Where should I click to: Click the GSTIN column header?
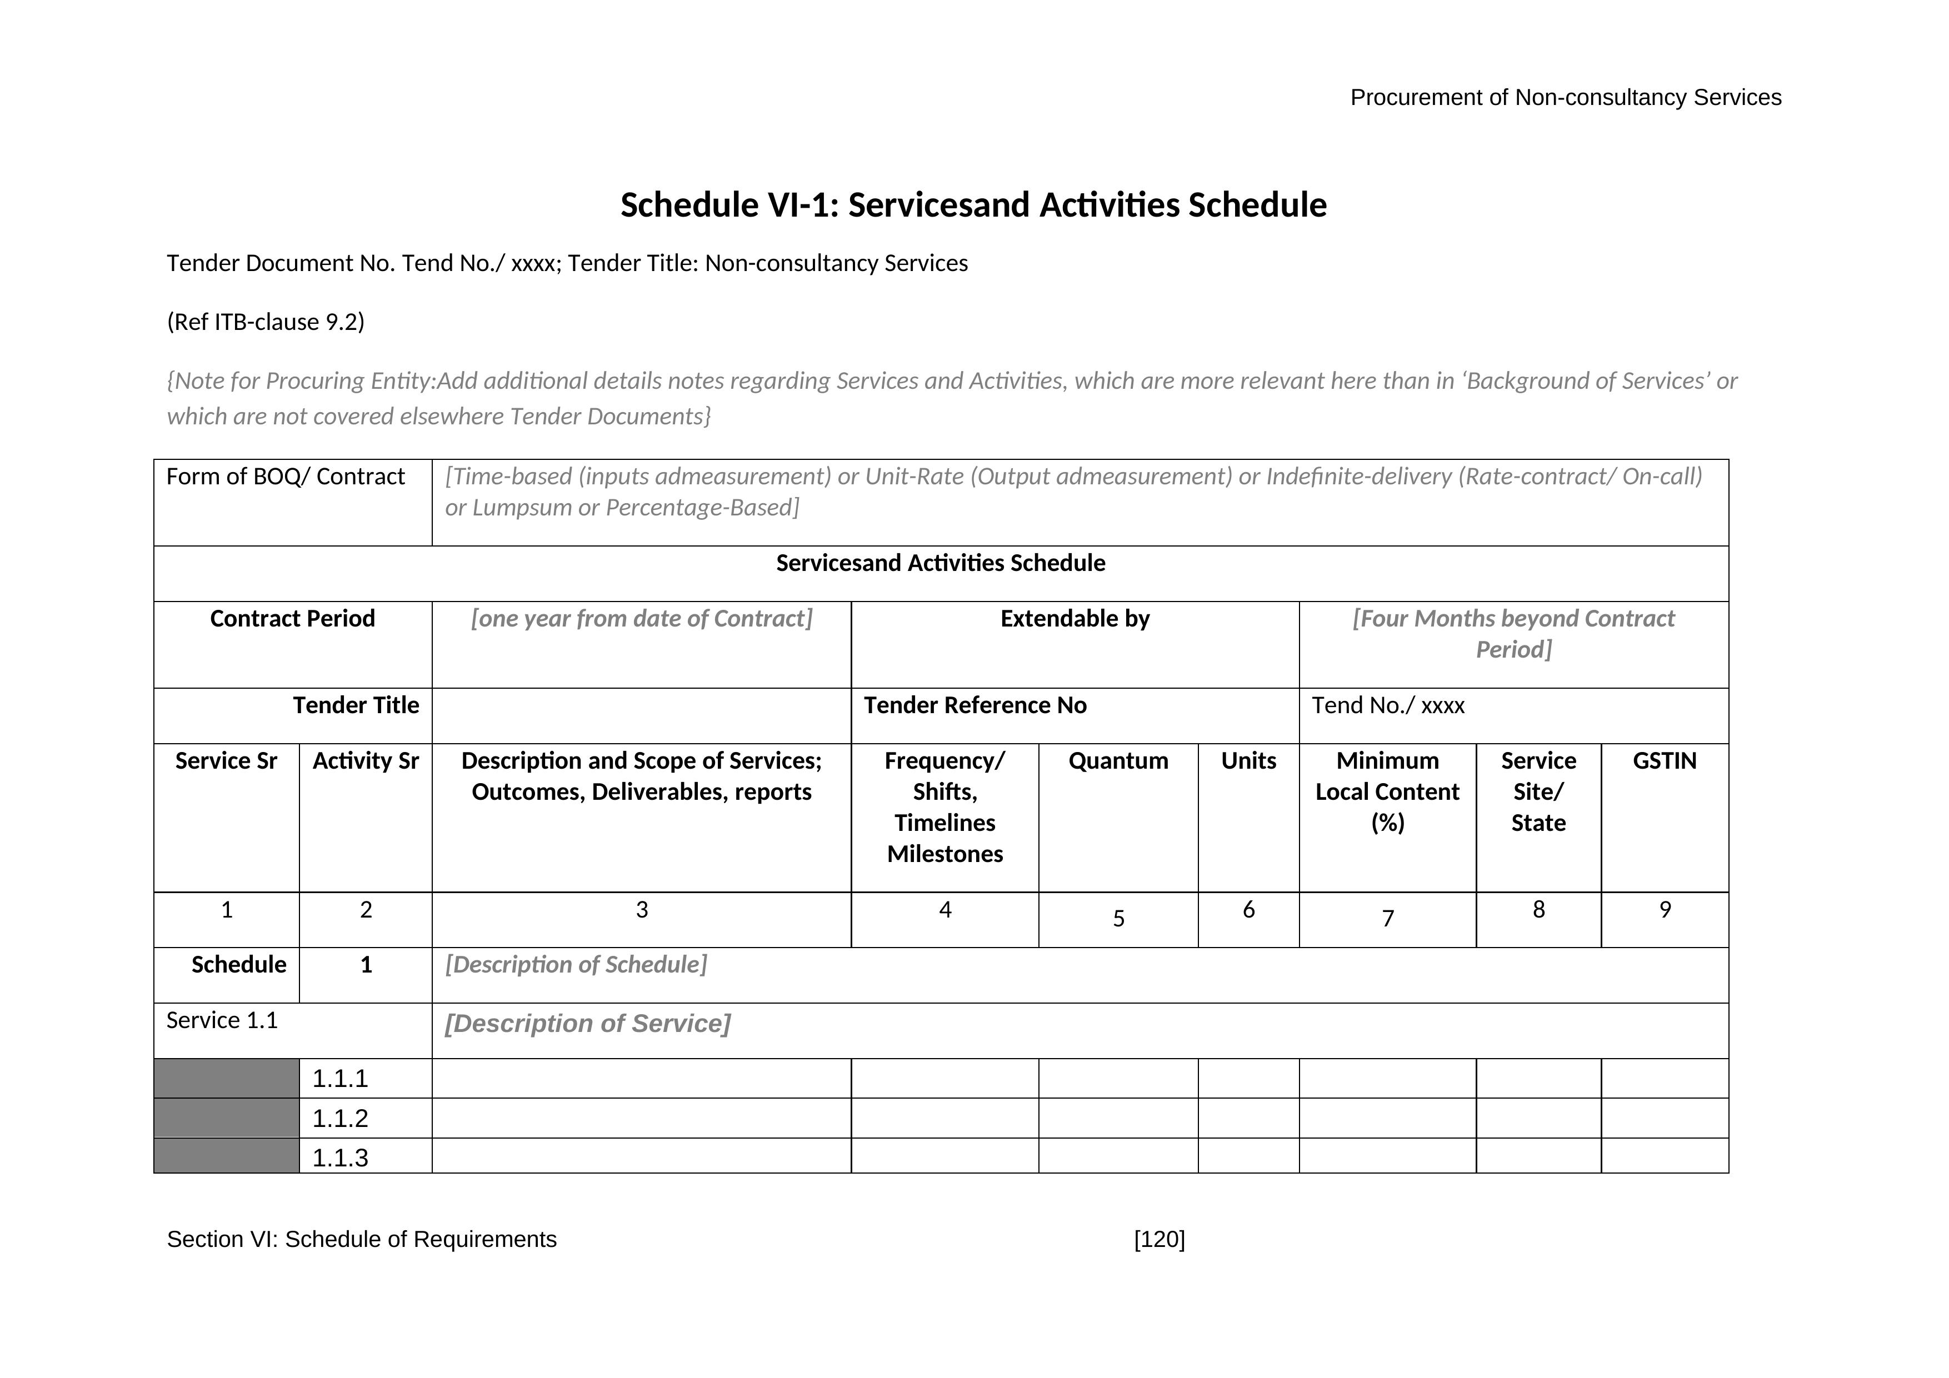coord(1664,761)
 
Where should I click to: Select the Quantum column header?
coord(1118,761)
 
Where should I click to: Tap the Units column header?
coord(1248,761)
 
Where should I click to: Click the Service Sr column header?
coord(226,761)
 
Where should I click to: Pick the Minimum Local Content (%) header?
coord(1387,791)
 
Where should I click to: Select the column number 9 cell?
coord(1665,910)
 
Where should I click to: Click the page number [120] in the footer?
coord(1159,1240)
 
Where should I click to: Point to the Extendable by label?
coord(1075,619)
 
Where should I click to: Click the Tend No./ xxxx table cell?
coord(1388,706)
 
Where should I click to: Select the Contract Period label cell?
coord(292,619)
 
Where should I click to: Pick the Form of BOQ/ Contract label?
coord(285,477)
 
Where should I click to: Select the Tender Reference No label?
coord(974,706)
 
